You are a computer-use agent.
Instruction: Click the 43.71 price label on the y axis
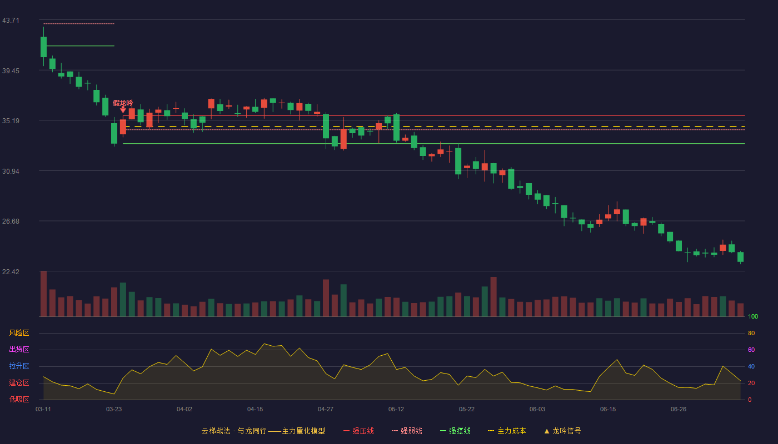[x=11, y=21]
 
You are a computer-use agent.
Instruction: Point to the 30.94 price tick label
[x=11, y=171]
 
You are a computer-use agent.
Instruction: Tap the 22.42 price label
[x=11, y=271]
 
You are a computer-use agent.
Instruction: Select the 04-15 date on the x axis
[x=255, y=410]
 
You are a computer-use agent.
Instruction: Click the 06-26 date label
[x=679, y=410]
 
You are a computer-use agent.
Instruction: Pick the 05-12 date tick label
[x=396, y=410]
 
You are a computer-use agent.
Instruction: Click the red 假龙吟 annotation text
[x=123, y=103]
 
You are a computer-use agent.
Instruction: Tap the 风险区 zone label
[x=19, y=333]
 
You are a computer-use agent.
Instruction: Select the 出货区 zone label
[x=19, y=349]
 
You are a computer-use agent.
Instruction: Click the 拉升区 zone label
[x=19, y=366]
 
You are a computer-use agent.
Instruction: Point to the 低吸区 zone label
[x=19, y=399]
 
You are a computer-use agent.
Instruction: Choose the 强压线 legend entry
[x=358, y=431]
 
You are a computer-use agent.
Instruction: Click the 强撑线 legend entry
[x=455, y=431]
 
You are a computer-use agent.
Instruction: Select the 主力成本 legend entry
[x=507, y=431]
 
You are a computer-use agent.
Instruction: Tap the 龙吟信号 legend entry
[x=562, y=431]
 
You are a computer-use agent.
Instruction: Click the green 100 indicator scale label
[x=753, y=316]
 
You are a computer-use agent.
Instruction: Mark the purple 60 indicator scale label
[x=751, y=350]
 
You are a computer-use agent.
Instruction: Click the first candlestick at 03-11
[x=43, y=47]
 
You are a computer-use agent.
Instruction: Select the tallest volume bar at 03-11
[x=43, y=294]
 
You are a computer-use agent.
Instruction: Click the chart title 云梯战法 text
[x=216, y=431]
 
